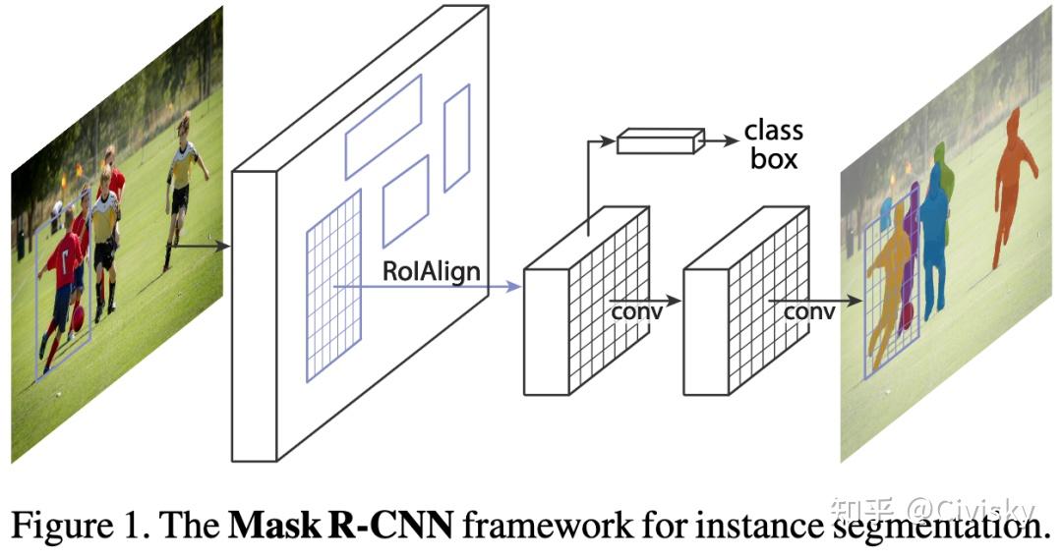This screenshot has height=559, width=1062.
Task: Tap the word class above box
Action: (x=773, y=131)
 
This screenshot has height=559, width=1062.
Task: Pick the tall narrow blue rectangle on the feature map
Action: (x=456, y=138)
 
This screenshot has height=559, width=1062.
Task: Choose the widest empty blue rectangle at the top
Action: (x=383, y=127)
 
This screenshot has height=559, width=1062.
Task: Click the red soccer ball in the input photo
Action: (x=77, y=315)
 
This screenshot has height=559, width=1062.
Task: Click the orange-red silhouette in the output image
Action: (x=1013, y=182)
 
